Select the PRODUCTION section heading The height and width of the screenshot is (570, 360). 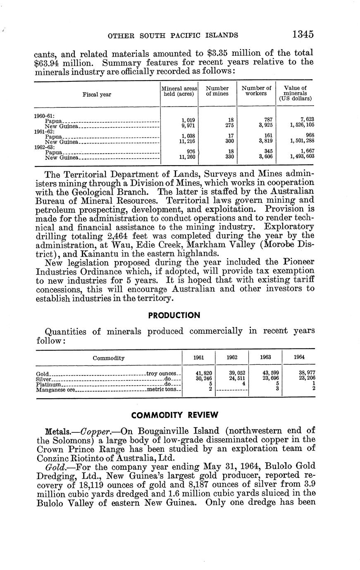(174, 315)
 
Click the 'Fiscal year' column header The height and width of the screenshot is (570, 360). (97, 94)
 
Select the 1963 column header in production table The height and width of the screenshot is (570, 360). (265, 358)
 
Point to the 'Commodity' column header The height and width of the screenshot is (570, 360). (108, 358)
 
